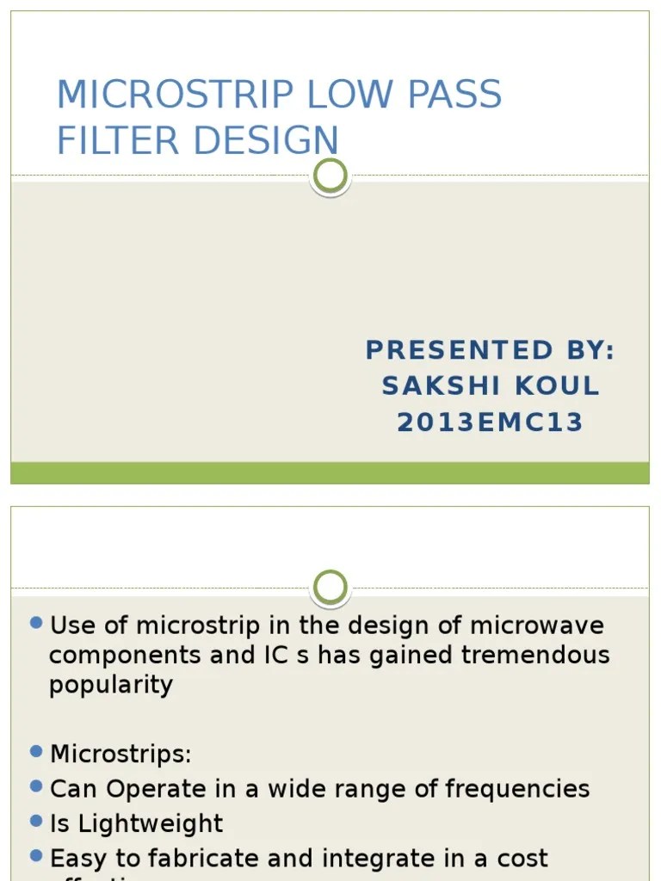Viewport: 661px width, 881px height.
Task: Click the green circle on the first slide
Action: (x=330, y=176)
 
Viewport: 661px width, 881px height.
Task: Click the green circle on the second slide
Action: (x=330, y=588)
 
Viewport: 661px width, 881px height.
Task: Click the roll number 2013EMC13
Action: (x=490, y=422)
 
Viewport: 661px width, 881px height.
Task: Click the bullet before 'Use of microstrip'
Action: (x=36, y=622)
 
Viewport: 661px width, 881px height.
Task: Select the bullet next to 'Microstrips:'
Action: (x=36, y=751)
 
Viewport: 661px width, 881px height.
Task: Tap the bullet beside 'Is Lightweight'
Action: (x=36, y=821)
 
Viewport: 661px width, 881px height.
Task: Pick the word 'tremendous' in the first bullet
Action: (x=535, y=655)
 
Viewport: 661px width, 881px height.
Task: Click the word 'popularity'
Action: (x=111, y=685)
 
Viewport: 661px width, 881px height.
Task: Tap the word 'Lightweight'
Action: (x=151, y=823)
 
